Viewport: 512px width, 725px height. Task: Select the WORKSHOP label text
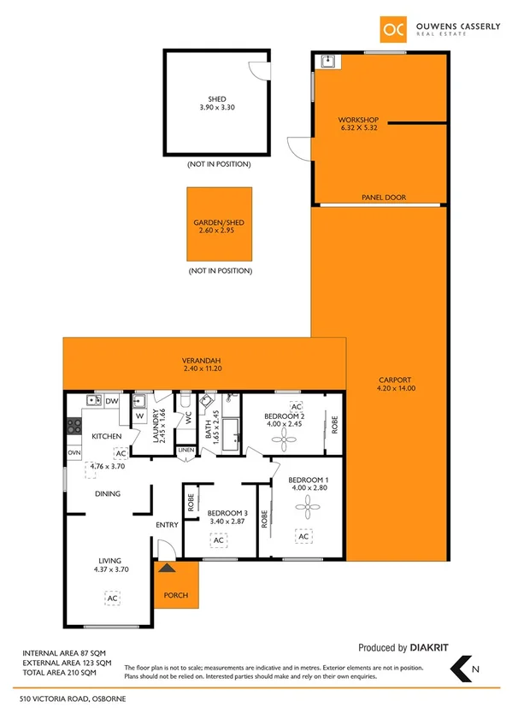click(357, 120)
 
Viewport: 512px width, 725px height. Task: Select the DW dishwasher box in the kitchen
click(112, 400)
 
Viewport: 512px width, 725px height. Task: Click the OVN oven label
click(74, 452)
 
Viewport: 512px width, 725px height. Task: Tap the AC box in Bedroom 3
click(218, 540)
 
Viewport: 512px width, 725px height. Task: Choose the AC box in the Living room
click(111, 598)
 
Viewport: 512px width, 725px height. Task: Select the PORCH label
click(175, 595)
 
